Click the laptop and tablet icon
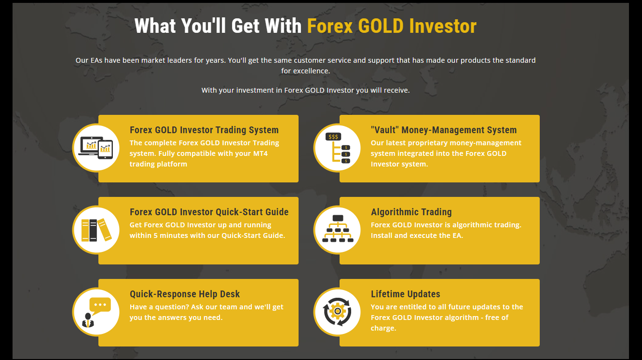pyautogui.click(x=96, y=148)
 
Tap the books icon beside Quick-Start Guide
pyautogui.click(x=96, y=230)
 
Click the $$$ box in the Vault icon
pyautogui.click(x=333, y=137)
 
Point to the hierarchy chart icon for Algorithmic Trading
pyautogui.click(x=338, y=229)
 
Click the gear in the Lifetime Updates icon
pyautogui.click(x=338, y=311)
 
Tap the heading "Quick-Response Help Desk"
pyautogui.click(x=185, y=294)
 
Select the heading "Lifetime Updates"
pyautogui.click(x=405, y=294)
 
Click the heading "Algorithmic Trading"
pyautogui.click(x=411, y=212)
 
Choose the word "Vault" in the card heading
pyautogui.click(x=385, y=130)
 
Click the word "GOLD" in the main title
pyautogui.click(x=381, y=26)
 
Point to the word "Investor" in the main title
pyautogui.click(x=443, y=26)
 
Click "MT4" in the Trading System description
pyautogui.click(x=260, y=153)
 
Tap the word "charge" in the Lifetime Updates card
pyautogui.click(x=382, y=328)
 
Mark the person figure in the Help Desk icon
pyautogui.click(x=88, y=320)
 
